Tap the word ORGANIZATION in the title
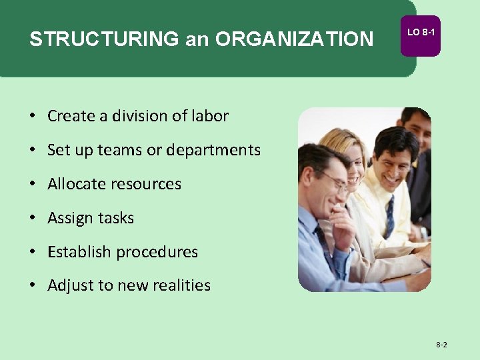pyautogui.click(x=295, y=39)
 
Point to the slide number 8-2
pyautogui.click(x=441, y=345)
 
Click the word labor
pyautogui.click(x=210, y=116)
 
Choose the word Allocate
pyautogui.click(x=75, y=184)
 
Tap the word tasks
pyautogui.click(x=116, y=218)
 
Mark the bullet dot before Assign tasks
pyautogui.click(x=32, y=218)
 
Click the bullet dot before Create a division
pyautogui.click(x=32, y=116)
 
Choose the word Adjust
pyautogui.click(x=71, y=286)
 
